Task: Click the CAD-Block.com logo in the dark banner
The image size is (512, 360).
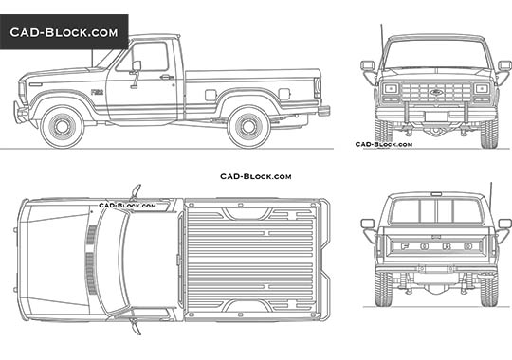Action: tap(64, 32)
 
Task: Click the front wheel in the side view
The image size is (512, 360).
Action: tap(63, 126)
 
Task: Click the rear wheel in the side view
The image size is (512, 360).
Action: tap(248, 126)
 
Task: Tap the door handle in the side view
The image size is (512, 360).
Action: tap(167, 77)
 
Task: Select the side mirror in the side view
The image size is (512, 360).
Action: tap(136, 66)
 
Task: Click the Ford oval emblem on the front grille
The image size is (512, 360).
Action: tap(436, 92)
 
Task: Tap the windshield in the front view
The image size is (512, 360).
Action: tap(436, 55)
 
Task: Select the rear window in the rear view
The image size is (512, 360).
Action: tap(436, 210)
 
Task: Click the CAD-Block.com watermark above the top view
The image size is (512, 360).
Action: tap(255, 176)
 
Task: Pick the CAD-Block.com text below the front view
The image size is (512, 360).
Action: tap(383, 145)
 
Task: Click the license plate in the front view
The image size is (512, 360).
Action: tap(436, 116)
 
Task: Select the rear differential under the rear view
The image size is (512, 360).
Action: tap(436, 281)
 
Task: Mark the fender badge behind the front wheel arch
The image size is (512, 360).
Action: tap(97, 92)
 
